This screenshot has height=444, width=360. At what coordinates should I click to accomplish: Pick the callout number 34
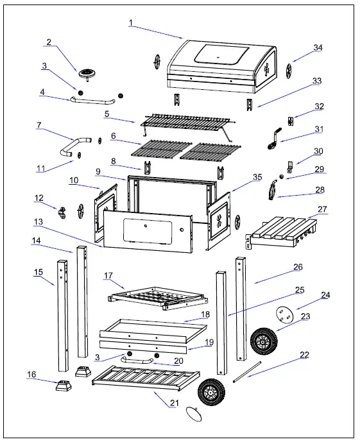pyautogui.click(x=318, y=47)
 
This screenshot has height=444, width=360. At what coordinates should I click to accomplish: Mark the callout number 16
pyautogui.click(x=31, y=373)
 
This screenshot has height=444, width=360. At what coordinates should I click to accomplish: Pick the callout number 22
pyautogui.click(x=304, y=354)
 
